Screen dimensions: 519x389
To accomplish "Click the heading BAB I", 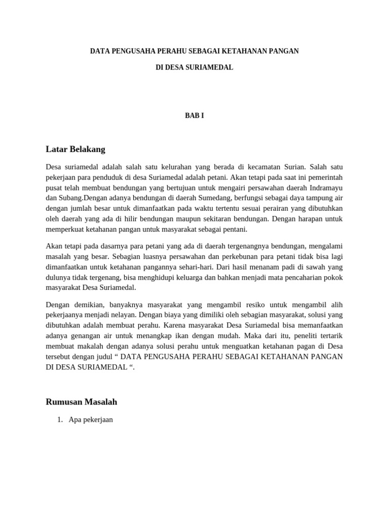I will point(194,116).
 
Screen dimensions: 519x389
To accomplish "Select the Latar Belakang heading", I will point(75,149).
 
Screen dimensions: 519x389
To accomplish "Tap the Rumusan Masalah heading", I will point(82,402).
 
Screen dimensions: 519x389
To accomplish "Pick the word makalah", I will point(81,346).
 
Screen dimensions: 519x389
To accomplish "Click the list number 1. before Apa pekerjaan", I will point(60,420).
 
